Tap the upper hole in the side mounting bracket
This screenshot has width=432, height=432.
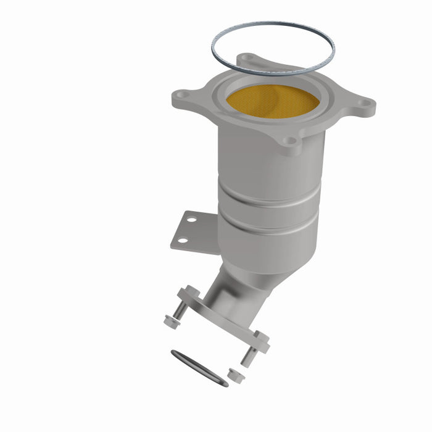coord(192,219)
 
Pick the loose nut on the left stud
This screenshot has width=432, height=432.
coord(170,321)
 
